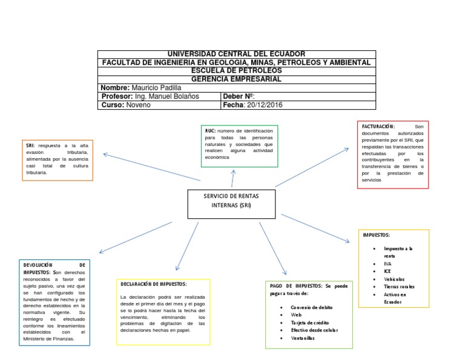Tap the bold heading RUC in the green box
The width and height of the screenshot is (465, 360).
(210, 130)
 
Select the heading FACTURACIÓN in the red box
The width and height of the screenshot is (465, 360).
(378, 125)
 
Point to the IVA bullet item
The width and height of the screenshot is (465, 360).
(387, 264)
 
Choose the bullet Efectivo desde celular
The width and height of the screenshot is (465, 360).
(314, 330)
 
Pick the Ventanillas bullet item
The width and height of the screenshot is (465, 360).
(303, 338)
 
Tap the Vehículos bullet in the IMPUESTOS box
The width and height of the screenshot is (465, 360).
(395, 279)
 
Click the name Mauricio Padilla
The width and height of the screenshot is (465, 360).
(156, 88)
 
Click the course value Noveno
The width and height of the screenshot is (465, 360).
(139, 105)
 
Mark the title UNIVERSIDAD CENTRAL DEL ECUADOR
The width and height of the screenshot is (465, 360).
(237, 54)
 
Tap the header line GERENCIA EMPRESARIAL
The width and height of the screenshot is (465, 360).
(237, 79)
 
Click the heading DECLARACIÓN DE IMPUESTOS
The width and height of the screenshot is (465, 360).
(154, 284)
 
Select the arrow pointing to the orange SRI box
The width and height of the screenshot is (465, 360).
(151, 167)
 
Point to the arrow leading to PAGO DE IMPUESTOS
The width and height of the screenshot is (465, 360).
(273, 248)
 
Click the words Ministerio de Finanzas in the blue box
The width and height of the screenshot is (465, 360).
(48, 339)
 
